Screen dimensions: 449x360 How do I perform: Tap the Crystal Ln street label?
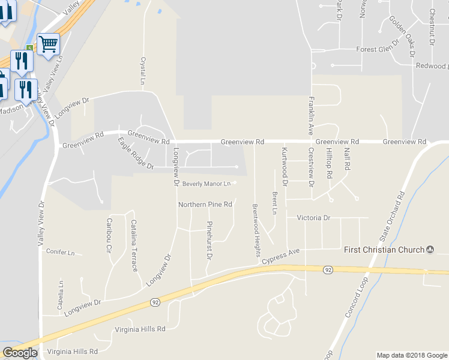point(143,71)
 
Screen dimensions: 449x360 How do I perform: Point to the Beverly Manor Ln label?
point(206,184)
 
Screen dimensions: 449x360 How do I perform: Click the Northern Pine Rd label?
point(205,205)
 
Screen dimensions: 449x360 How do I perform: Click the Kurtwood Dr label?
point(285,166)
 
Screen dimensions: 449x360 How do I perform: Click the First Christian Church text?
point(384,249)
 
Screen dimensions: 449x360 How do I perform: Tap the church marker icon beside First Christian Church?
point(430,249)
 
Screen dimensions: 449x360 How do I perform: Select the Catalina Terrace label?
point(134,245)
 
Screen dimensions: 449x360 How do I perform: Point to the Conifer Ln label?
point(60,253)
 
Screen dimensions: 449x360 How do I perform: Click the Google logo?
point(20,353)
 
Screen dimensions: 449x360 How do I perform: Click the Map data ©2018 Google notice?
point(411,355)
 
